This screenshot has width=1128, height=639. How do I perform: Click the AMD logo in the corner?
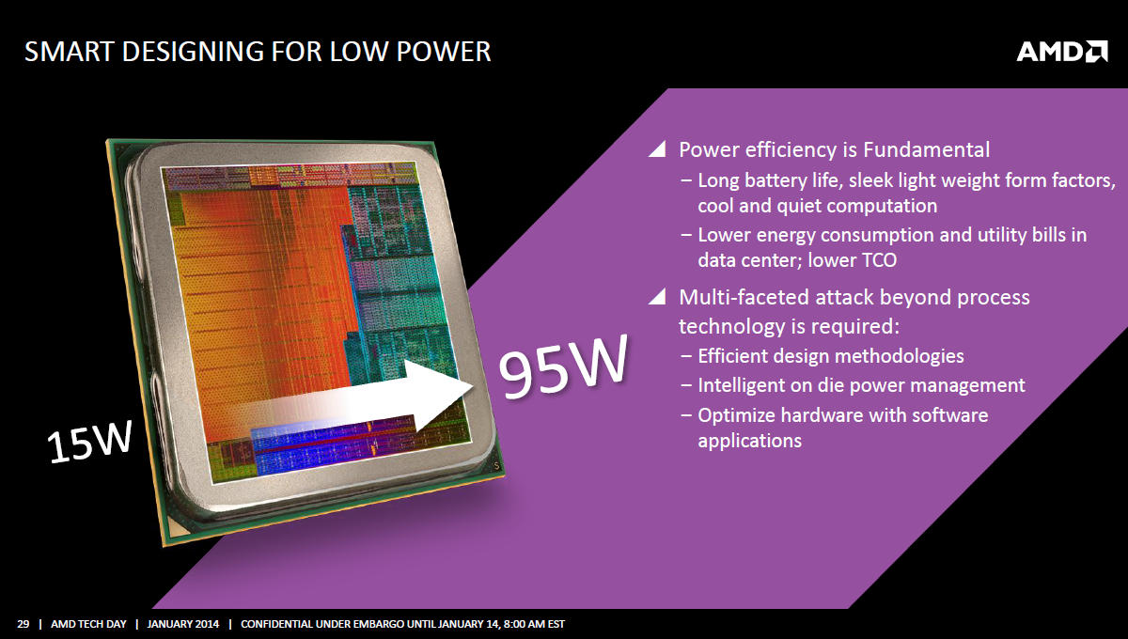click(1062, 52)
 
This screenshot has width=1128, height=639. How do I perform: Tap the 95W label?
click(563, 366)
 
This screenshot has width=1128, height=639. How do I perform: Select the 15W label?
click(89, 442)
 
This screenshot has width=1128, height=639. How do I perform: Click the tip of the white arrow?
click(473, 387)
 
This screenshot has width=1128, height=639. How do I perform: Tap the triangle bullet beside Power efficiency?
click(657, 149)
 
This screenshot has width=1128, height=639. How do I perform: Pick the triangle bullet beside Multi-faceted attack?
click(657, 297)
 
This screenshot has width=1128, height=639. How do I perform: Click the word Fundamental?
click(927, 149)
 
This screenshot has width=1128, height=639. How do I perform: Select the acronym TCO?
click(879, 260)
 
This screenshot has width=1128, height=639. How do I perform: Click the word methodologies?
click(899, 356)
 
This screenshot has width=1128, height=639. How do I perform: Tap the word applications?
click(750, 441)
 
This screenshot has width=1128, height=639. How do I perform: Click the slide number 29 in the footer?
click(23, 624)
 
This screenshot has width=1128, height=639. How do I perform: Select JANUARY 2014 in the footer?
click(182, 624)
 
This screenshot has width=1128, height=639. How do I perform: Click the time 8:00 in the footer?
click(514, 624)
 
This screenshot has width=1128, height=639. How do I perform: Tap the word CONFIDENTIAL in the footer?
click(277, 624)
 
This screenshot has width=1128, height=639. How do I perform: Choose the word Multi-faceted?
click(744, 297)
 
